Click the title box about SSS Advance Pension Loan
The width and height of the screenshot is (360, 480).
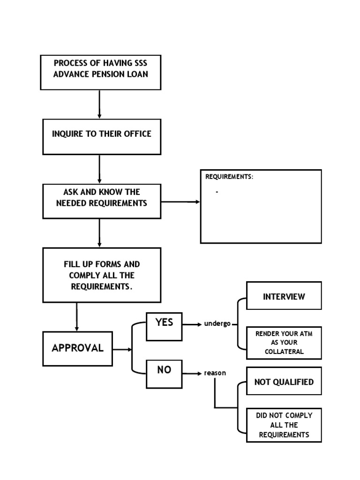(101, 72)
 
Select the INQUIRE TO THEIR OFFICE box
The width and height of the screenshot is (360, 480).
(102, 136)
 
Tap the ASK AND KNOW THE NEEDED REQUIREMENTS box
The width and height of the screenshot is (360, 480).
(102, 201)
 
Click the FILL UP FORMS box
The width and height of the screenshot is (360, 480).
(102, 275)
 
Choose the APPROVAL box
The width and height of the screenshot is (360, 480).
(78, 349)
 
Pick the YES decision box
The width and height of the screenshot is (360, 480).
(164, 326)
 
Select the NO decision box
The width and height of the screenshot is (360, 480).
(164, 374)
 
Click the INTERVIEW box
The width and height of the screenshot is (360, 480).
(284, 296)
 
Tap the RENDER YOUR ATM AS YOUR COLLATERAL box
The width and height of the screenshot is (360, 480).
(284, 342)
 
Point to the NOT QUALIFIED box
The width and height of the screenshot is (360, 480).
(284, 382)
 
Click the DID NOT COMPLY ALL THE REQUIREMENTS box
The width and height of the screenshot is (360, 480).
(284, 425)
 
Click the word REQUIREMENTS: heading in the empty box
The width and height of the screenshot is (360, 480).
(229, 177)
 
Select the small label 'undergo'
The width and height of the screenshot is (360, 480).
(217, 324)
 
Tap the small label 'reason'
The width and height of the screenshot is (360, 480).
(215, 373)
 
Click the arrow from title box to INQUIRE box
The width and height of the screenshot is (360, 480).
(99, 104)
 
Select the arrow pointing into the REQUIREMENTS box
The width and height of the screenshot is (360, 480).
(180, 202)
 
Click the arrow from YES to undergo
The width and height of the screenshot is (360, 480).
(192, 324)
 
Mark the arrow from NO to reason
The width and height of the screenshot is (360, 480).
(192, 374)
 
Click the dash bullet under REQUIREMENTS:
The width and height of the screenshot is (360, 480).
(217, 192)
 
